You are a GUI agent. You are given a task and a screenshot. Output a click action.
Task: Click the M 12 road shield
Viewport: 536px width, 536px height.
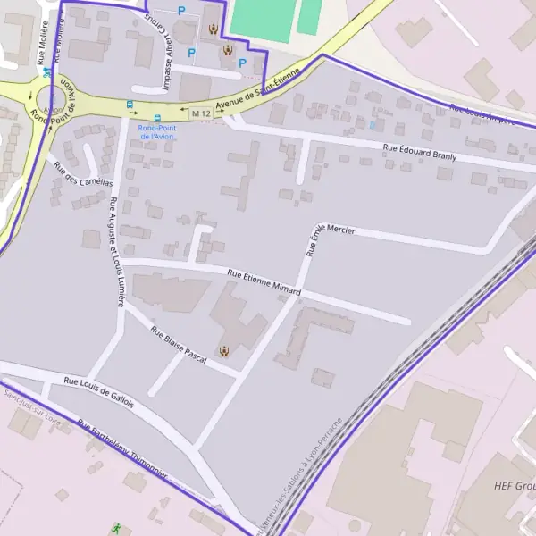pyautogui.click(x=201, y=113)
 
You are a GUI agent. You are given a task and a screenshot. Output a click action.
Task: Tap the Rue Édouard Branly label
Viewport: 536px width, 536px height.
pyautogui.click(x=419, y=154)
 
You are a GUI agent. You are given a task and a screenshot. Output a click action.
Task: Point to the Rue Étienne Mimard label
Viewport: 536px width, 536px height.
pyautogui.click(x=264, y=282)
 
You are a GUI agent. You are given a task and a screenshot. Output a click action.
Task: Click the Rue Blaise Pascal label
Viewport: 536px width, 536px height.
pyautogui.click(x=179, y=346)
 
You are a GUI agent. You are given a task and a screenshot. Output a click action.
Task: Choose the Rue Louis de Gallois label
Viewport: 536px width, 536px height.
pyautogui.click(x=98, y=392)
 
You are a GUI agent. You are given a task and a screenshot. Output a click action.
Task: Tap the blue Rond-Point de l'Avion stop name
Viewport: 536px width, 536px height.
pyautogui.click(x=157, y=131)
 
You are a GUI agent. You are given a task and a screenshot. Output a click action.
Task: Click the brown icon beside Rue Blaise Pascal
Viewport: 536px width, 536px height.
pyautogui.click(x=223, y=351)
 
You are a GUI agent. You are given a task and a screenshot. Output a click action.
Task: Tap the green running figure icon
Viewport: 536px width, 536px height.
pyautogui.click(x=116, y=529)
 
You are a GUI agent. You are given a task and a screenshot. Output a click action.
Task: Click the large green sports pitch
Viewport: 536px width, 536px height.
pyautogui.click(x=261, y=20)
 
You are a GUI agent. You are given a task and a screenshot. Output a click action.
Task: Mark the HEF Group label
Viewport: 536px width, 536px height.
pyautogui.click(x=514, y=487)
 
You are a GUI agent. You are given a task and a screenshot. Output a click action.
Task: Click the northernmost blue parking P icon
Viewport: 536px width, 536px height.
pyautogui.click(x=181, y=11)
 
